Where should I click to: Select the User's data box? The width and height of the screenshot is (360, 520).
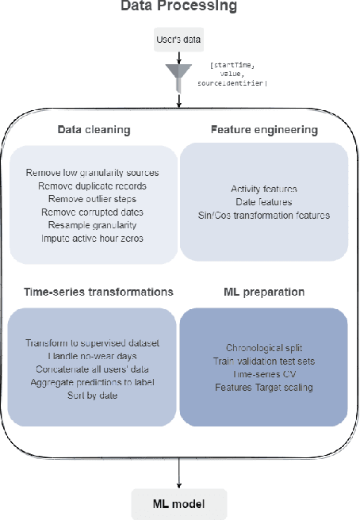pyautogui.click(x=179, y=38)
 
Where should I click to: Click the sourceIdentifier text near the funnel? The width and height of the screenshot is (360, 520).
pyautogui.click(x=237, y=82)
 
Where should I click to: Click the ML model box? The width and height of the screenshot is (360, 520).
pyautogui.click(x=179, y=503)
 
